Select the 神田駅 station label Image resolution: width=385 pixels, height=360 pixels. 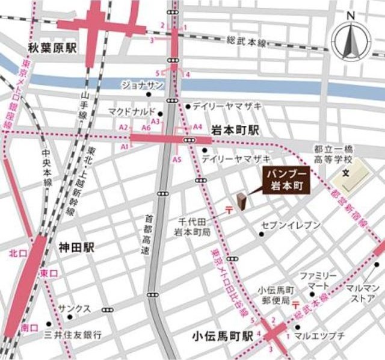tap(78, 247)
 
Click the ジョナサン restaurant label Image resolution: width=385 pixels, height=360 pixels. tap(143, 85)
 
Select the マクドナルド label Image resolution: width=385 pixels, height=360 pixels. tap(132, 111)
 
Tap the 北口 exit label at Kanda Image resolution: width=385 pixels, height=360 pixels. tap(16, 253)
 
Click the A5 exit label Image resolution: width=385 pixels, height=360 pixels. tap(176, 160)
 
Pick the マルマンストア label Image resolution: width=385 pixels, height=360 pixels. tap(363, 293)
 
